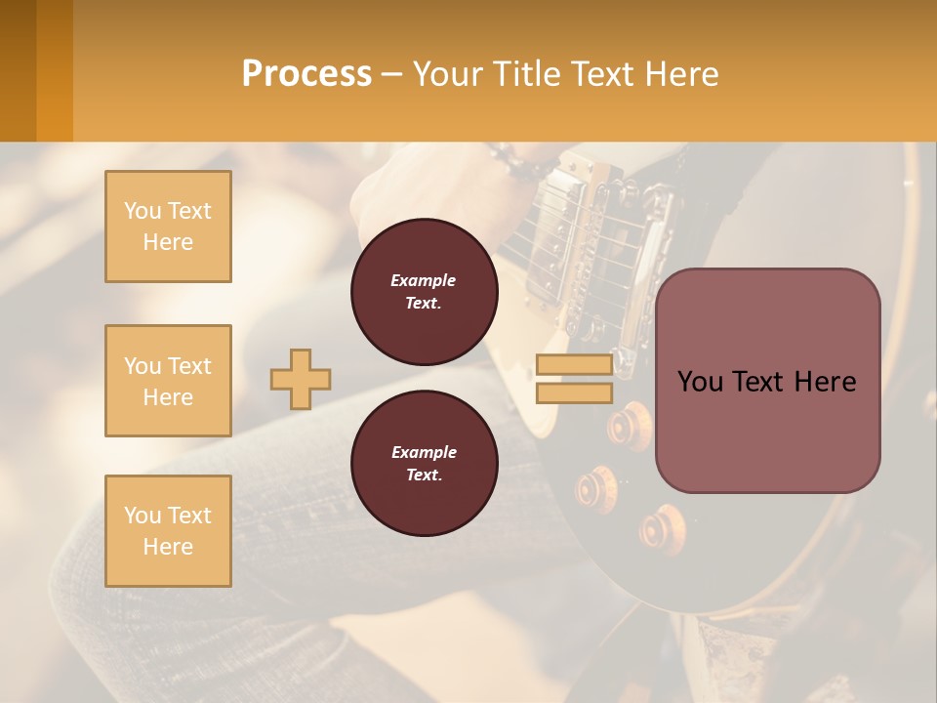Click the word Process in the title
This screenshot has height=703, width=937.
tap(306, 73)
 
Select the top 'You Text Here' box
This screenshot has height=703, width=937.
tap(168, 227)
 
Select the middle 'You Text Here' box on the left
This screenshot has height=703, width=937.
tap(168, 381)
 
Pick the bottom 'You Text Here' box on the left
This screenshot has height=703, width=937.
tap(168, 530)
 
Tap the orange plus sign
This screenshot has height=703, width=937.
tap(301, 379)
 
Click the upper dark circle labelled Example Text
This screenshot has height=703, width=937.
tap(425, 291)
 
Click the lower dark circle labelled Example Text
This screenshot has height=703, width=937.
tap(425, 463)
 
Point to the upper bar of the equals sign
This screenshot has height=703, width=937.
tap(574, 364)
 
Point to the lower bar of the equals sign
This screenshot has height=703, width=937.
tap(574, 393)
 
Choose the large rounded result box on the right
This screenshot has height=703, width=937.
tap(767, 381)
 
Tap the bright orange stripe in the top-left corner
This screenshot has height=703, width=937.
tap(55, 70)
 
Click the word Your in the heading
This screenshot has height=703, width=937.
tap(450, 74)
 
